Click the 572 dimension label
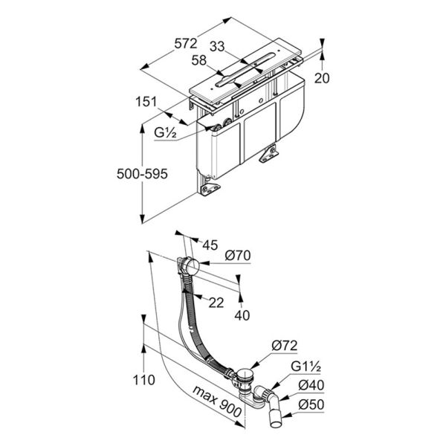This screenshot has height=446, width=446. coord(185,44)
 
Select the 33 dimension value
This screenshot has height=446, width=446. coord(217,46)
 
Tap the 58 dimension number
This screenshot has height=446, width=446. coord(198,60)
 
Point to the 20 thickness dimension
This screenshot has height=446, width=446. coord(322,78)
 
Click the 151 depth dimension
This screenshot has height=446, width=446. coord(146,102)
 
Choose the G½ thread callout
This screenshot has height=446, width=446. coord(165,132)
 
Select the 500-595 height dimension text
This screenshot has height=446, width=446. coord(142,174)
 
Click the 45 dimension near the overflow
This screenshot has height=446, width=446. coord(210,245)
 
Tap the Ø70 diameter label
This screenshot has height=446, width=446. coord(238,255)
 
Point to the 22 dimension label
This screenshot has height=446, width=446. coord(216,303)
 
